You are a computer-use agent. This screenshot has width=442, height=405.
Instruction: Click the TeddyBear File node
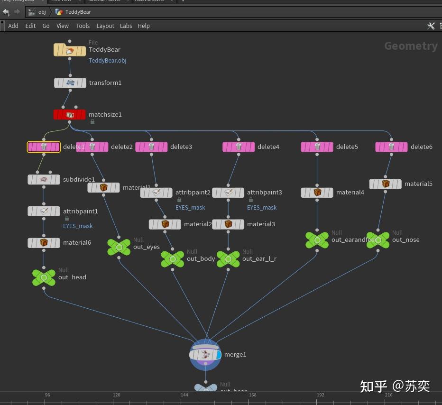click(x=70, y=50)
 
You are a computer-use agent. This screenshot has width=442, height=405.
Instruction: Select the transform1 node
click(x=70, y=83)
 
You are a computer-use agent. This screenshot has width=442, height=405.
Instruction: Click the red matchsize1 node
click(x=70, y=115)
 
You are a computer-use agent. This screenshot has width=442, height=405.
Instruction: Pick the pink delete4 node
click(x=239, y=147)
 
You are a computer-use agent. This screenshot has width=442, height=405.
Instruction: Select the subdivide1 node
click(x=44, y=180)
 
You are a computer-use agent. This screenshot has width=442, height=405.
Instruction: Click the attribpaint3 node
click(x=228, y=193)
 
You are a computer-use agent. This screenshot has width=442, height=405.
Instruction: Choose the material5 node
click(x=386, y=184)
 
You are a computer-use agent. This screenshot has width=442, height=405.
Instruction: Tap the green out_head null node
click(x=44, y=277)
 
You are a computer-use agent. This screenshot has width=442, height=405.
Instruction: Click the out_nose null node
click(x=378, y=240)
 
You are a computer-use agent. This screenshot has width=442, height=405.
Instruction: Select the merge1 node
click(x=205, y=355)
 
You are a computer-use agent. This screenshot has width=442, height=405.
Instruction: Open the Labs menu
click(x=126, y=26)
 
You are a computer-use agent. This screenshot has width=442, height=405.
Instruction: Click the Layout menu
click(x=105, y=26)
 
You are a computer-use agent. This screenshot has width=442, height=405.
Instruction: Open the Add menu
click(x=13, y=26)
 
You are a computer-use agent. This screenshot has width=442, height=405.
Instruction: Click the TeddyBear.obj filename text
click(x=108, y=61)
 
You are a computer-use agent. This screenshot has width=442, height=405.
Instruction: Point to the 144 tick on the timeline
click(x=184, y=395)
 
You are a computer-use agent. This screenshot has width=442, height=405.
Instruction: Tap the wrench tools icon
click(x=431, y=26)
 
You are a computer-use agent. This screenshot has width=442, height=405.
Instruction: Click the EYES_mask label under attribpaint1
click(x=78, y=226)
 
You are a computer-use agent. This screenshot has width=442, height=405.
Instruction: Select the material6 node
click(x=44, y=243)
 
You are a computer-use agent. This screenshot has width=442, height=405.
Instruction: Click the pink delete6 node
click(x=391, y=147)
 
